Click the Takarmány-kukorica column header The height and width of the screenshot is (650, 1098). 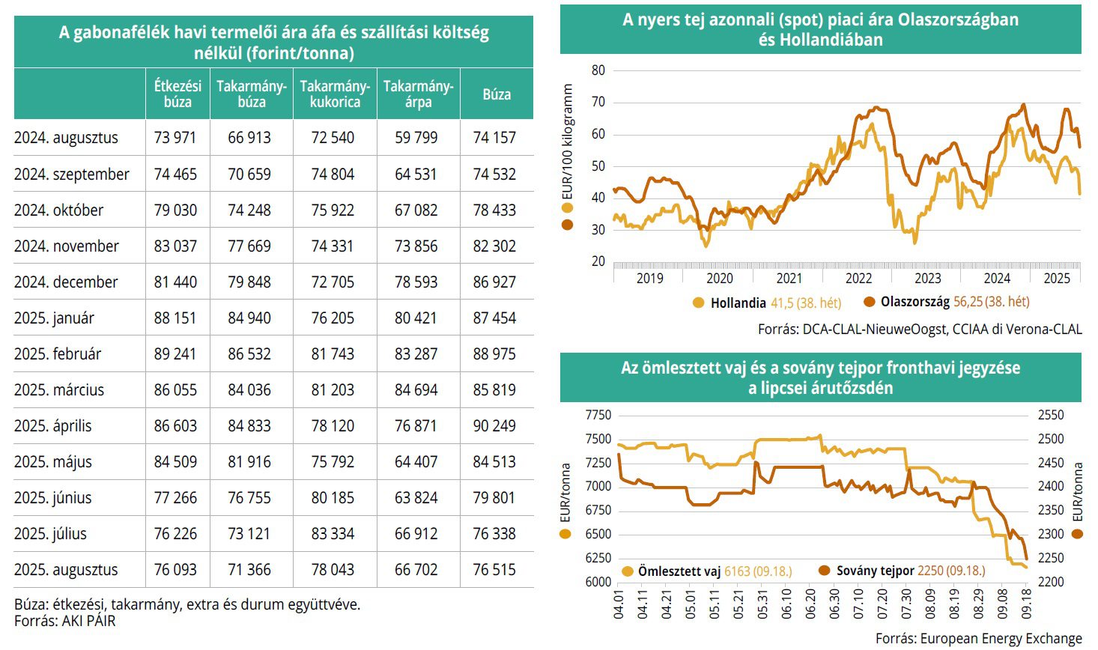pyautogui.click(x=335, y=94)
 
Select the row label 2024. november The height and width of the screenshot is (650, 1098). pyautogui.click(x=67, y=246)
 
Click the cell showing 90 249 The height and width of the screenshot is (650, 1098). pyautogui.click(x=494, y=426)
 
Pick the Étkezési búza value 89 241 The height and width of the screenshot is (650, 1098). pyautogui.click(x=175, y=354)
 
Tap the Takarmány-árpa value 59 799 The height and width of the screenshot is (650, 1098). pyautogui.click(x=416, y=138)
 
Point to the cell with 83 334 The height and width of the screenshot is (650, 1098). pyautogui.click(x=333, y=534)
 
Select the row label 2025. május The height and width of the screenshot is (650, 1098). pyautogui.click(x=53, y=462)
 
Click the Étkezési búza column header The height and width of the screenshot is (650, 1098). pyautogui.click(x=178, y=94)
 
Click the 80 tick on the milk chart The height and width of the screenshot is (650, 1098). pyautogui.click(x=598, y=70)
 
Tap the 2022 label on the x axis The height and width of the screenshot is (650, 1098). pyautogui.click(x=858, y=279)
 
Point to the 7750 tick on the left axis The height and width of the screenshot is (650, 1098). pyautogui.click(x=598, y=416)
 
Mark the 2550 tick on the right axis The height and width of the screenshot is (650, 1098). pyautogui.click(x=1050, y=416)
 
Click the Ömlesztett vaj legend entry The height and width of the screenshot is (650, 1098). pyautogui.click(x=679, y=571)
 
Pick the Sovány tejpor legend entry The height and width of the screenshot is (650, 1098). pyautogui.click(x=875, y=571)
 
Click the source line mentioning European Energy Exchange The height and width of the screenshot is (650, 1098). pyautogui.click(x=978, y=639)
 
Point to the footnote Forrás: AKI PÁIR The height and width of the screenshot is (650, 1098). pyautogui.click(x=65, y=621)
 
